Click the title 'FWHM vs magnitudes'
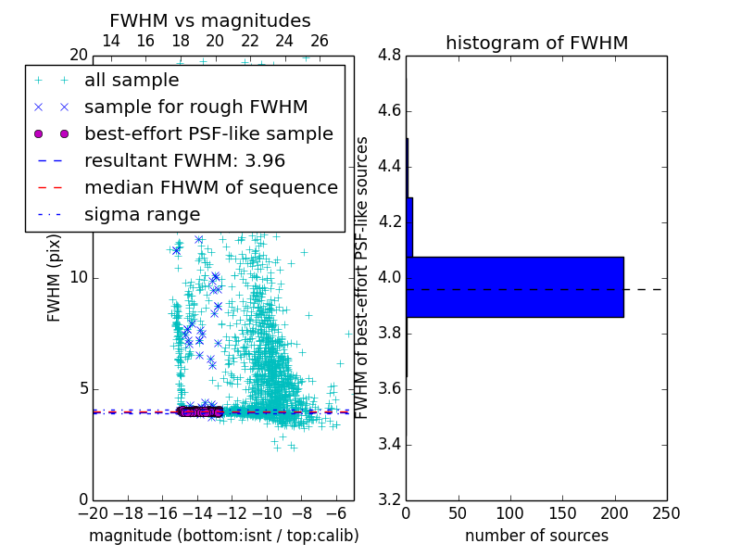click(209, 20)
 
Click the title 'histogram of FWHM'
click(536, 43)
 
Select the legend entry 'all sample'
click(132, 81)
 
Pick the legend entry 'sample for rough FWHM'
click(195, 107)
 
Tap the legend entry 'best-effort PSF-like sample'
click(208, 134)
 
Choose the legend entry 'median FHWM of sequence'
click(210, 187)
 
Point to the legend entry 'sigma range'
click(142, 214)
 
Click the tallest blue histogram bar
click(514, 287)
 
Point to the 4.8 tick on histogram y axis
click(389, 56)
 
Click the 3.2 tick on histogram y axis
click(389, 499)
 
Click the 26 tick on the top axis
click(320, 41)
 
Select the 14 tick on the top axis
click(110, 41)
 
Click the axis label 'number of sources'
click(536, 536)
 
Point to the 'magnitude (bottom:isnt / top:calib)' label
click(223, 536)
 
